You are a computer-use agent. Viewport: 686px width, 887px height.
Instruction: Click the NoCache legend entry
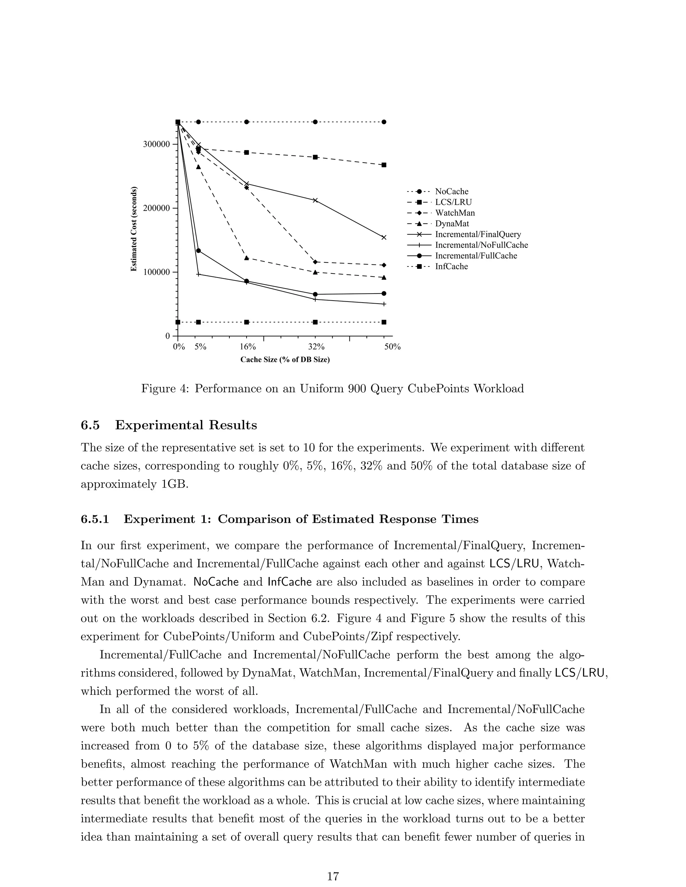(x=451, y=191)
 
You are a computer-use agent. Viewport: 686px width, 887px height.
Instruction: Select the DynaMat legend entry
(x=452, y=223)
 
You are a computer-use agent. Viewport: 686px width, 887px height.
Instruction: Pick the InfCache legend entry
(x=451, y=266)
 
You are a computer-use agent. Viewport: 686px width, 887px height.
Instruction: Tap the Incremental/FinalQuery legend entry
(x=478, y=234)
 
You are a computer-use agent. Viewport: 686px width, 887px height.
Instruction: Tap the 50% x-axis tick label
(x=393, y=347)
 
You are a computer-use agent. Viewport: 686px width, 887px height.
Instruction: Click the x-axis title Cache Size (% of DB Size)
(x=284, y=360)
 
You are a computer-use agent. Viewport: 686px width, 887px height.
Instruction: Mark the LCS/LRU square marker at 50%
(x=384, y=165)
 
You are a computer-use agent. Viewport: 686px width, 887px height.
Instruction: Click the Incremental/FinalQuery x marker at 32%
(x=315, y=200)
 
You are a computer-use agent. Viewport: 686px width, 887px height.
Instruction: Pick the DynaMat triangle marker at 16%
(x=247, y=257)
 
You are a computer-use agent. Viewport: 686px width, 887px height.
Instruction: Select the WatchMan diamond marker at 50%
(x=384, y=265)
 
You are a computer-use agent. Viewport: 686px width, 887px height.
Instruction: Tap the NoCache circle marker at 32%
(x=315, y=122)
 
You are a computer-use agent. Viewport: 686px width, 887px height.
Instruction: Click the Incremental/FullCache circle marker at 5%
(x=198, y=251)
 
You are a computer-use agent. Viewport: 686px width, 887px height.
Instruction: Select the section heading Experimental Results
(x=186, y=425)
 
